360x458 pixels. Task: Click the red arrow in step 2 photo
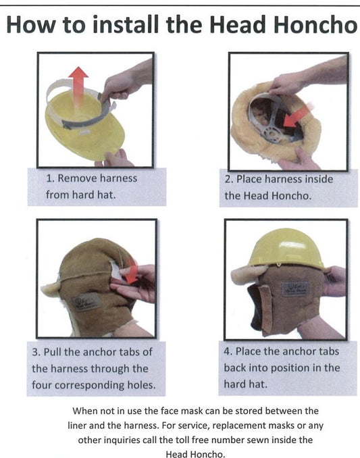[x=296, y=115]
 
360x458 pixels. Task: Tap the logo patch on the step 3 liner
[x=86, y=300]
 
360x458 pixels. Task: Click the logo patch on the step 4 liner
[x=295, y=288]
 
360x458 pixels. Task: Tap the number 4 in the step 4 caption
[x=228, y=352]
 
